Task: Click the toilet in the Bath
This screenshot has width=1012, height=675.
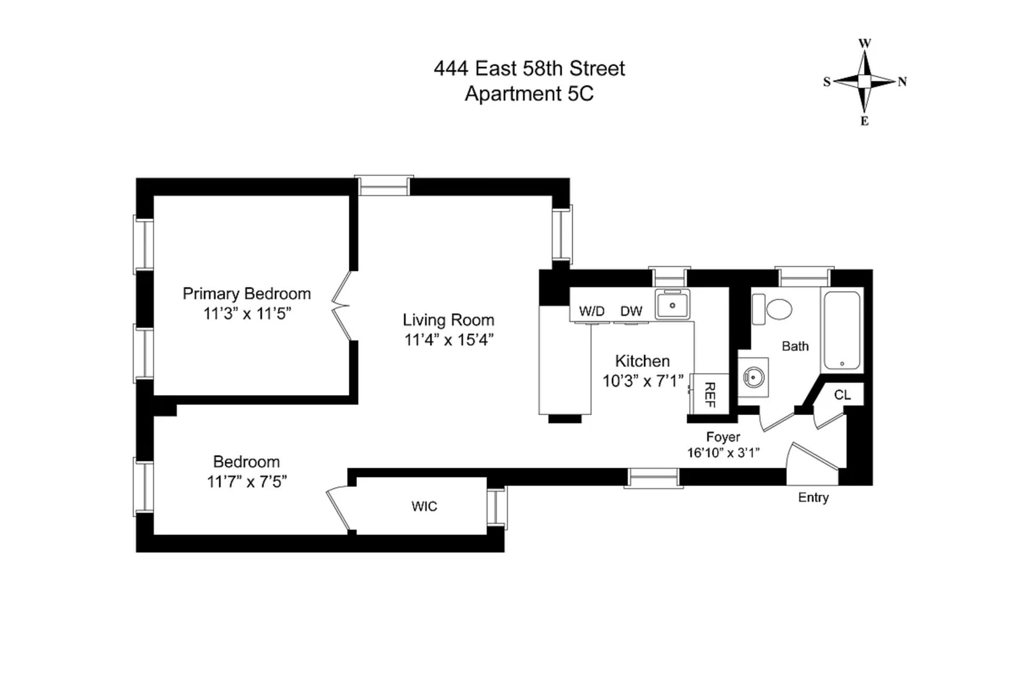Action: [772, 309]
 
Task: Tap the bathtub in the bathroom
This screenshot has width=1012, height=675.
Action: [842, 330]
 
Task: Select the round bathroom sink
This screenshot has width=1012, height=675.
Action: [753, 377]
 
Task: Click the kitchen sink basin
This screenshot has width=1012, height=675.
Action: [673, 305]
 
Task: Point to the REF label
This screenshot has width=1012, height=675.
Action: [709, 394]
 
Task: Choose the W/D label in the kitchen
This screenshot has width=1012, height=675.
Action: [592, 311]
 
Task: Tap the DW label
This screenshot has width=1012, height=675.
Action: [631, 311]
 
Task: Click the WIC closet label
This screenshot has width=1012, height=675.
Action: [424, 506]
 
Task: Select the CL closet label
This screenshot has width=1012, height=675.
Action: [842, 394]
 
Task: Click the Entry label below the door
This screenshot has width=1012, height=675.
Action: [813, 497]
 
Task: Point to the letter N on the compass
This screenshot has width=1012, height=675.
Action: [902, 82]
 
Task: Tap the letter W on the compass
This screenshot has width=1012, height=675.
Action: [865, 43]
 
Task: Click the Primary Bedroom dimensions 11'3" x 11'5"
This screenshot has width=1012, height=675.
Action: [247, 314]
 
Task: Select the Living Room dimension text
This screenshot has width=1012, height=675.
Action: [449, 340]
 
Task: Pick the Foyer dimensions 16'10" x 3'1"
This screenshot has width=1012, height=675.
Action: [723, 452]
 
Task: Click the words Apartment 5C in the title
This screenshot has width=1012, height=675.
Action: [529, 94]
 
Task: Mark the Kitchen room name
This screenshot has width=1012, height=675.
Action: [643, 361]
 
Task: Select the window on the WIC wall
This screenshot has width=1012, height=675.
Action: [497, 508]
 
